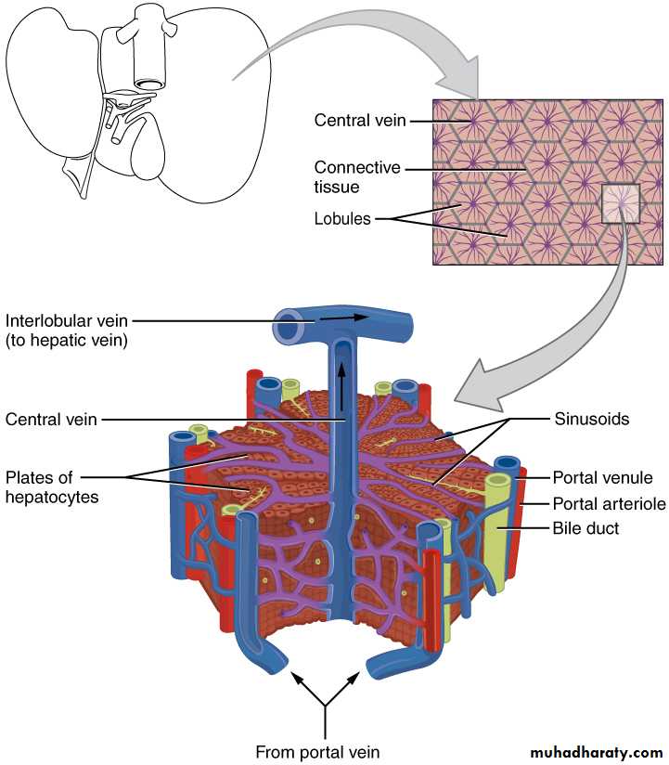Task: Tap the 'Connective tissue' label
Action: click(357, 177)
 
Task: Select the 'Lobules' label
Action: click(341, 219)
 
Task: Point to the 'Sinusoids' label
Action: click(592, 419)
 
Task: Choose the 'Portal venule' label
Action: click(602, 478)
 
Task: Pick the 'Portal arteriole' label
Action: click(607, 504)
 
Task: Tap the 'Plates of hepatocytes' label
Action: click(52, 487)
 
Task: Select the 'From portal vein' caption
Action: click(318, 750)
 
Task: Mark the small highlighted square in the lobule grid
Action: click(620, 203)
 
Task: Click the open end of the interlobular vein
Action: click(288, 328)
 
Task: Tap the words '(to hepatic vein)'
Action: click(67, 341)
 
